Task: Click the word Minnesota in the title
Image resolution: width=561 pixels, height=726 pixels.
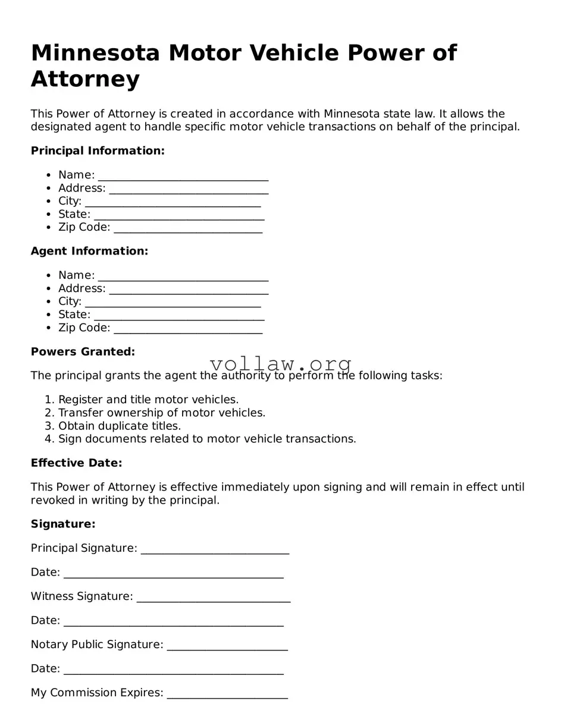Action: (x=95, y=54)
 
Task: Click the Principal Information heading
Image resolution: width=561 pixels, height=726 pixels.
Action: (x=98, y=151)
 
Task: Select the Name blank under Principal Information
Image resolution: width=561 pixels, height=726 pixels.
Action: (x=183, y=176)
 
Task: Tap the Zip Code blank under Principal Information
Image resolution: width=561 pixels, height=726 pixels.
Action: (x=187, y=228)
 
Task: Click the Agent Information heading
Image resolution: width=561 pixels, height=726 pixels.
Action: (x=89, y=252)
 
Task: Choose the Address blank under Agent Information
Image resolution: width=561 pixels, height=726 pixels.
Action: (x=189, y=290)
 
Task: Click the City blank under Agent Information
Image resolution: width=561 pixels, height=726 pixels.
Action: (x=173, y=303)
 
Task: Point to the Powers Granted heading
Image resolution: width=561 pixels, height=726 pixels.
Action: (x=83, y=352)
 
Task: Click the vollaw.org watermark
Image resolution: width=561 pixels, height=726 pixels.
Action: (x=281, y=364)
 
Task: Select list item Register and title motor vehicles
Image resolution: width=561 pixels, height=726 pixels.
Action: (x=148, y=400)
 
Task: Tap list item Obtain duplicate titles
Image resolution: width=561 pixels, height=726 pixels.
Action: (x=120, y=426)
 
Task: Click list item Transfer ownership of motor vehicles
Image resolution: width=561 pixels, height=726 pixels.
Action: (x=162, y=413)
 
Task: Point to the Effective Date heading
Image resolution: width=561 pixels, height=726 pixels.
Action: (x=76, y=463)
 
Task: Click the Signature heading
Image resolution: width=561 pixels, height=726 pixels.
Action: (x=63, y=524)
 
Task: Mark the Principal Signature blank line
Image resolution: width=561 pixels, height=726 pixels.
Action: (x=215, y=549)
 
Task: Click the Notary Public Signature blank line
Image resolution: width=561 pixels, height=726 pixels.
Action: (x=227, y=646)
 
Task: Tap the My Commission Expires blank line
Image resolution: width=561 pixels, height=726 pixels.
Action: (x=227, y=694)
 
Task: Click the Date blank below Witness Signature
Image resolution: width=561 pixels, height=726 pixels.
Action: (x=173, y=621)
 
